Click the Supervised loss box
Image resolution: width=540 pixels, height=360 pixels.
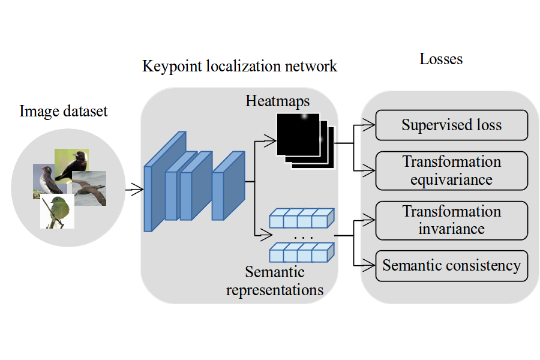click(451, 125)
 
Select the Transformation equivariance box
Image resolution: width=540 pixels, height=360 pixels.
click(451, 170)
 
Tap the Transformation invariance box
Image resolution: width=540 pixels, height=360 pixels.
click(451, 220)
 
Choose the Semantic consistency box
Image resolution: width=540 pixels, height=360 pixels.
click(451, 265)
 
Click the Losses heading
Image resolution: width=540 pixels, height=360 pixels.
click(441, 59)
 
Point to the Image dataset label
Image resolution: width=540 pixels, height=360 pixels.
click(64, 112)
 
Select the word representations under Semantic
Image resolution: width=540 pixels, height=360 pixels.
click(275, 290)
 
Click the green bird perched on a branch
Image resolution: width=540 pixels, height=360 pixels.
click(58, 211)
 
